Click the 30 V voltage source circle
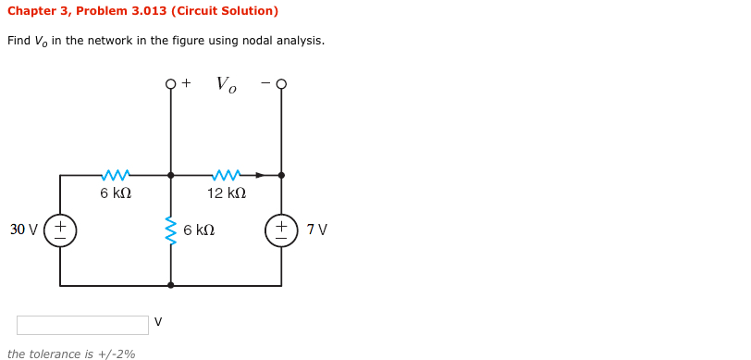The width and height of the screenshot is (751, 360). [x=60, y=230]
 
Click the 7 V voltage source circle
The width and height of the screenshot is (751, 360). [x=281, y=230]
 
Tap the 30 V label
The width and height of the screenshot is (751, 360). [x=23, y=230]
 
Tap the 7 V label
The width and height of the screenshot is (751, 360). [x=316, y=230]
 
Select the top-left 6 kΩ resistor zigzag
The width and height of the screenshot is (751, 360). [x=116, y=175]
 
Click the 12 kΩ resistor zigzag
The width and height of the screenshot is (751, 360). [x=226, y=175]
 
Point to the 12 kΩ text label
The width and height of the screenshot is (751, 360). [x=226, y=193]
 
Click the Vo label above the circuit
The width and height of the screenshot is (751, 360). [x=226, y=84]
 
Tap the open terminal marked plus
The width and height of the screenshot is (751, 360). [x=170, y=84]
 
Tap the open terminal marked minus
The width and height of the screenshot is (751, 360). [x=281, y=84]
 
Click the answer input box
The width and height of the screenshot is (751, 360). [x=82, y=325]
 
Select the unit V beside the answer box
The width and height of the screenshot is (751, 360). [x=158, y=322]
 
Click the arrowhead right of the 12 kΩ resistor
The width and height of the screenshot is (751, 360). [x=260, y=175]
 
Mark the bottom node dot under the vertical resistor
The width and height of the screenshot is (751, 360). [x=170, y=285]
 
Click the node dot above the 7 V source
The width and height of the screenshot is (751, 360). [x=281, y=175]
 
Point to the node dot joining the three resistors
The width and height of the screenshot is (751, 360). [x=170, y=175]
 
